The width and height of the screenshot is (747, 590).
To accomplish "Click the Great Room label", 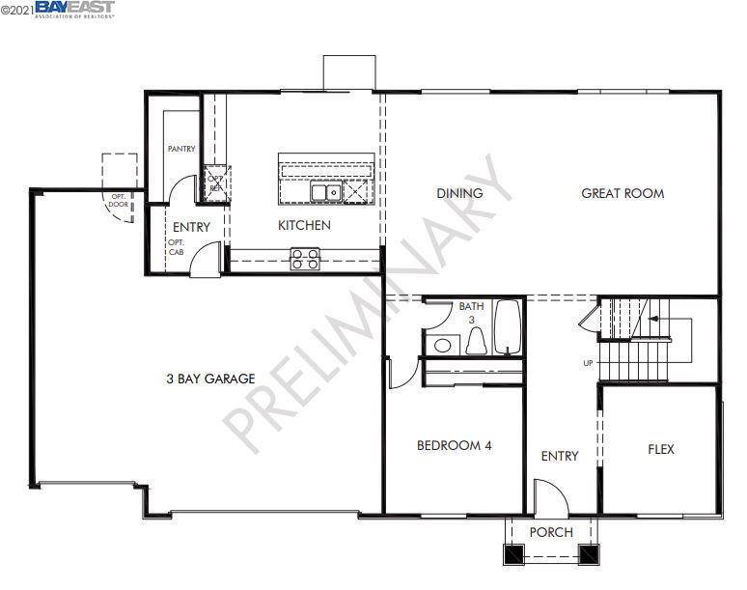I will point(622,193).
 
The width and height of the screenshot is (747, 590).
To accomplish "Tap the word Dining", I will point(459,193).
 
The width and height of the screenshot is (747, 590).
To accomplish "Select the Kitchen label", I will point(304,225).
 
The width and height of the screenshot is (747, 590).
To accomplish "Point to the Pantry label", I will point(181,149).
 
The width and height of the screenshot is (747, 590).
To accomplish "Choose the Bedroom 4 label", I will point(455,445).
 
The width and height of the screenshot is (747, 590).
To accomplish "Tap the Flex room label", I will point(660,449).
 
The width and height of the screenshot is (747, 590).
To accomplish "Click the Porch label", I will point(552,532).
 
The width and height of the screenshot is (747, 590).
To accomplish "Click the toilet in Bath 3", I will point(475,341).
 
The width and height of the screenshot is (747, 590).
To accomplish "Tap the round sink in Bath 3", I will point(444,345).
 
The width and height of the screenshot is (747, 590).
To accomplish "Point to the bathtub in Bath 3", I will point(508,328).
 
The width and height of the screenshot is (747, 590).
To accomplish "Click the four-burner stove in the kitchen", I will point(306,258).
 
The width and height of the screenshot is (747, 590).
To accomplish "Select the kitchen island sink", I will point(324,192).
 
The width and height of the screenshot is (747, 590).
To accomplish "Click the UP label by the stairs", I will point(587,364).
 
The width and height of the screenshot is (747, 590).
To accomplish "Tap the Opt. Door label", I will point(118,199).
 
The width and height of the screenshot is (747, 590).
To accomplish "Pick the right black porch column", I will point(588,555).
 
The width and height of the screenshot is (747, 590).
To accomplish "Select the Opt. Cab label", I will point(176,246).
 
